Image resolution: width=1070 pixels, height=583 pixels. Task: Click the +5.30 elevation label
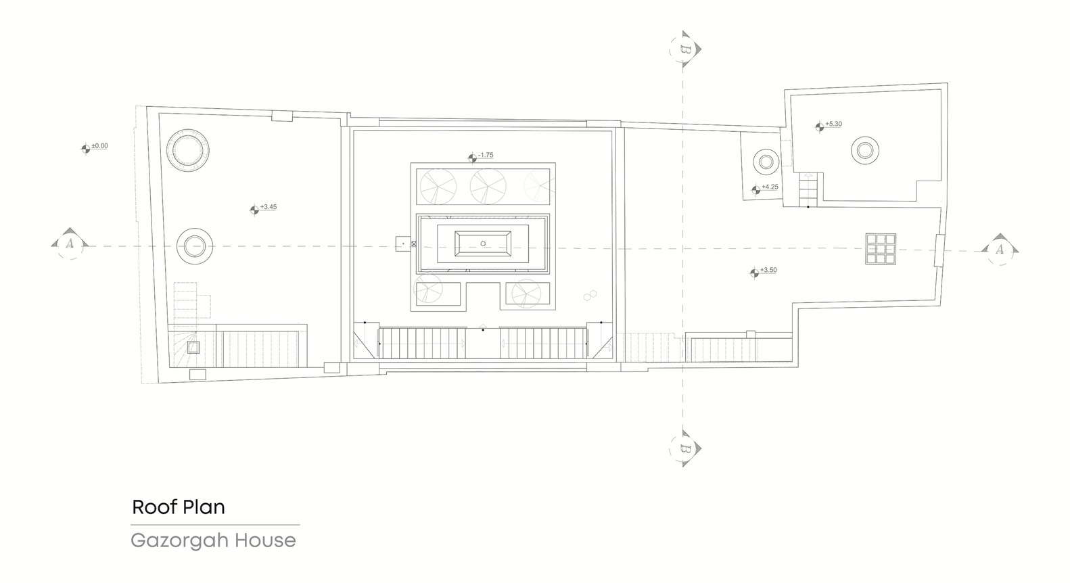(833, 124)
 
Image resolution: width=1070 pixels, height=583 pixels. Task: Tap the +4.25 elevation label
(770, 187)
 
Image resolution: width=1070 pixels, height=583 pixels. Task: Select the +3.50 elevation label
(768, 271)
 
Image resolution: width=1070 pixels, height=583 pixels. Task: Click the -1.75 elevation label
(486, 155)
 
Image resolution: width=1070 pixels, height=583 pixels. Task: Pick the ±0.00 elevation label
(99, 146)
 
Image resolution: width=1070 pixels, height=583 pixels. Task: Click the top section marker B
(685, 49)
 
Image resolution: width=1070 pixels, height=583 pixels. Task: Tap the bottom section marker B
(685, 449)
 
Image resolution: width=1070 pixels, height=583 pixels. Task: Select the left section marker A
(70, 244)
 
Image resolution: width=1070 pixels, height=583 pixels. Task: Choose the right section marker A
(1000, 249)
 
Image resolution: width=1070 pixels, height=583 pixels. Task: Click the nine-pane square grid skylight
(881, 249)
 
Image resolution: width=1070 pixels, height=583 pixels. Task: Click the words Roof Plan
(178, 507)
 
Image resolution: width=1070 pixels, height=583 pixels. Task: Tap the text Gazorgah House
(213, 540)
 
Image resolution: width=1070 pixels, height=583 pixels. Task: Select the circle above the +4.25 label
(766, 162)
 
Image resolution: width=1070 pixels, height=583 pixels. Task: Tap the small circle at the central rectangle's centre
(483, 244)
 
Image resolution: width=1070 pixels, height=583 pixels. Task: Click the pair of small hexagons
(590, 296)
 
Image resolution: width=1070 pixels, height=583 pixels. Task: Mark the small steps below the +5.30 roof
(808, 189)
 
